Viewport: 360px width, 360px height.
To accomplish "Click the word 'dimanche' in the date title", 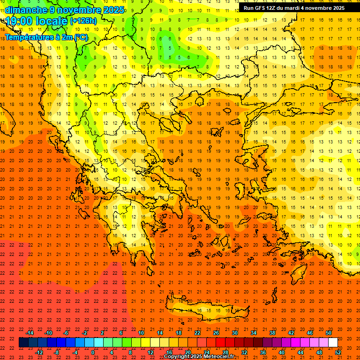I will (x=26, y=10).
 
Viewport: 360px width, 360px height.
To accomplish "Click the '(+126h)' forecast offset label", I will (x=83, y=21).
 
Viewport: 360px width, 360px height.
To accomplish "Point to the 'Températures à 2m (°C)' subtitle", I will (x=46, y=37).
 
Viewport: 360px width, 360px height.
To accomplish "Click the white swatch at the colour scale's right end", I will (x=333, y=343).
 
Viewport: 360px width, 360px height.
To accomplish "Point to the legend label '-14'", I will (x=30, y=333).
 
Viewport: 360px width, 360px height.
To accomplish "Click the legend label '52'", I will (x=338, y=352).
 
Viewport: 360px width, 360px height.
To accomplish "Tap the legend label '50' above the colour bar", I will (x=328, y=333).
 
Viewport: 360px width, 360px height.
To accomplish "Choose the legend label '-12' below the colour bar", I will (x=39, y=352).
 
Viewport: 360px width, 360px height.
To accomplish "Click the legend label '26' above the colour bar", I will (x=216, y=333).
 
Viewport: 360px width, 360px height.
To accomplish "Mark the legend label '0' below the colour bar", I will (x=93, y=352).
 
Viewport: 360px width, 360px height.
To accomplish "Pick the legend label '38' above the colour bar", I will (x=272, y=333).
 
